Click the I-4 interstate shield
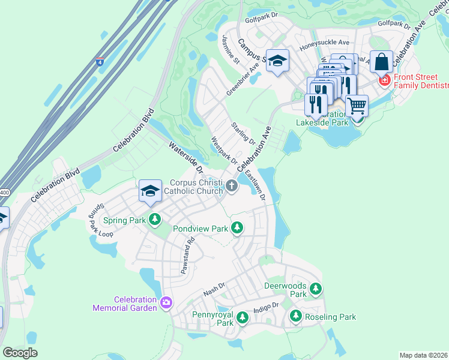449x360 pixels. pyautogui.click(x=100, y=61)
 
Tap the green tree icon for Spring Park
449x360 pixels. pyautogui.click(x=155, y=219)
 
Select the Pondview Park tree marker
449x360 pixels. pyautogui.click(x=238, y=227)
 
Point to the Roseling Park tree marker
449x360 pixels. pyautogui.click(x=295, y=316)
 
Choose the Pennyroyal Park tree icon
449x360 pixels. pyautogui.click(x=242, y=317)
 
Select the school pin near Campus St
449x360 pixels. pyautogui.click(x=277, y=61)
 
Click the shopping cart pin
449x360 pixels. pyautogui.click(x=357, y=106)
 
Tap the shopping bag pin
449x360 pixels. pyautogui.click(x=381, y=61)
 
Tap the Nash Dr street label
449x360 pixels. pyautogui.click(x=214, y=289)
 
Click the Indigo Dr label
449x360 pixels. pyautogui.click(x=266, y=307)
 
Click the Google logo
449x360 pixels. pyautogui.click(x=20, y=353)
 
